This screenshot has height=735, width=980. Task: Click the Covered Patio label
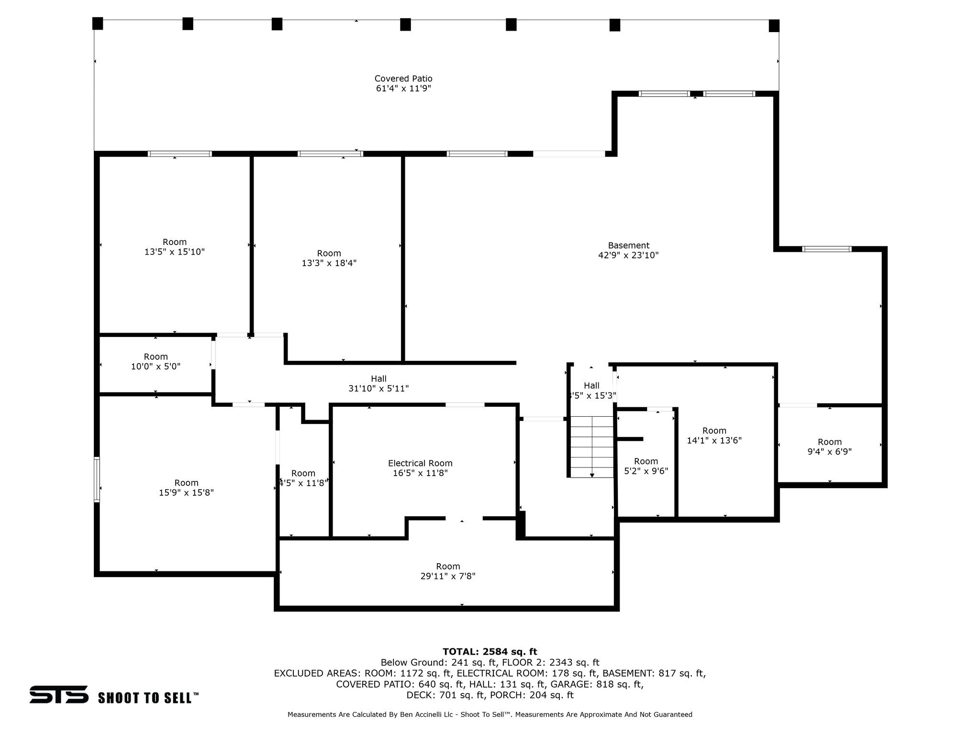(x=403, y=78)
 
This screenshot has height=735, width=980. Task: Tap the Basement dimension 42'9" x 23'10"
(x=628, y=256)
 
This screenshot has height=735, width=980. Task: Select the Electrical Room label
(x=420, y=463)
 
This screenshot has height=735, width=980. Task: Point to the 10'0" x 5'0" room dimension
(x=156, y=367)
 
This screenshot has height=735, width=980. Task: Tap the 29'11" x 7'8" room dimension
(x=448, y=577)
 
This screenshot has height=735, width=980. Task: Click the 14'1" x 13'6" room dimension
(x=714, y=440)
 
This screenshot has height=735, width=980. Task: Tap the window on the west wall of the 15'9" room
(x=97, y=479)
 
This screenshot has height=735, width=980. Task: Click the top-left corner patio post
(x=98, y=23)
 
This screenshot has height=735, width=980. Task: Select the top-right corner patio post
(x=774, y=26)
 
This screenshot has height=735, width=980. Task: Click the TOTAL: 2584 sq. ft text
(x=490, y=652)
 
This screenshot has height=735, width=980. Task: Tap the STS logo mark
(x=59, y=694)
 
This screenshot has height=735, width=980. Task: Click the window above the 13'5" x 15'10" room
(x=179, y=154)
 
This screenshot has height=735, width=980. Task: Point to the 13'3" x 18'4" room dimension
(x=329, y=263)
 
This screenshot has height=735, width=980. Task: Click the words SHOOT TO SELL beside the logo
(x=148, y=698)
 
